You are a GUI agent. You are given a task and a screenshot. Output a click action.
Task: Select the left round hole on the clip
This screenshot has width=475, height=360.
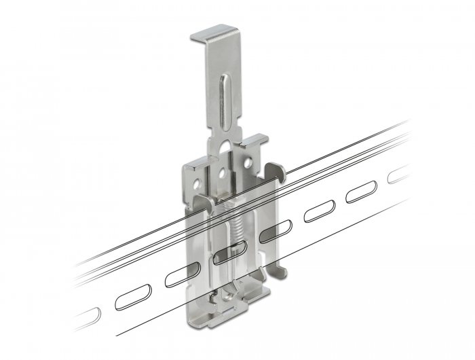tap(197, 182)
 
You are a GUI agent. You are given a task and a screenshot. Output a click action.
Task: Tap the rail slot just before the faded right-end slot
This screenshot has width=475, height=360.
tap(360, 193)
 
